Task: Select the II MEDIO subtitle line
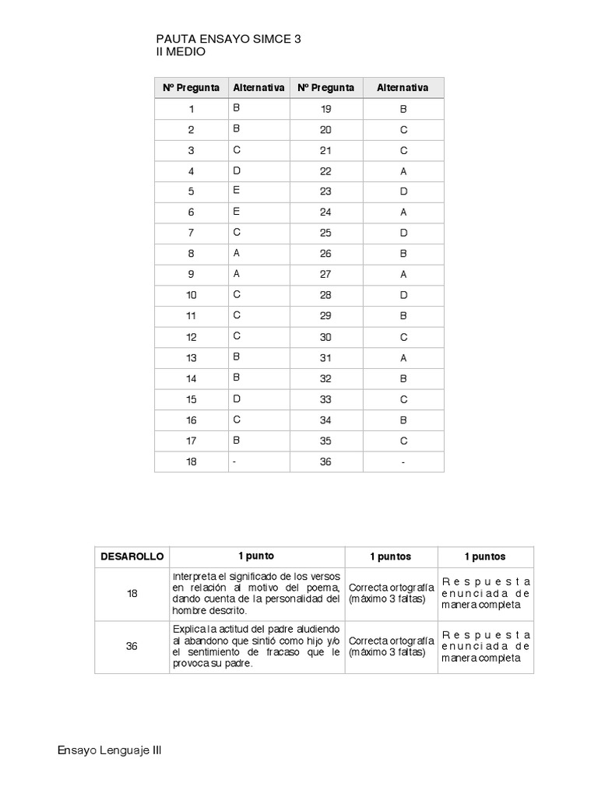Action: [x=181, y=51]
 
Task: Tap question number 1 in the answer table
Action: [x=191, y=110]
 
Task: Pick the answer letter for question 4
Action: [x=237, y=170]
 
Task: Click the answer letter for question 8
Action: [x=237, y=252]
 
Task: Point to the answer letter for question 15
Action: [x=237, y=399]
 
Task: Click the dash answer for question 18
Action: [x=234, y=462]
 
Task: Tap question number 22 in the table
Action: [x=325, y=171]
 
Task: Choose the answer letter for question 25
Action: [x=403, y=233]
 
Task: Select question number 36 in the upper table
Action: [x=325, y=462]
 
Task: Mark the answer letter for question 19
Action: [x=403, y=110]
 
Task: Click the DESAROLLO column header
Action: [x=132, y=556]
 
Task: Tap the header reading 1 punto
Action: [x=256, y=556]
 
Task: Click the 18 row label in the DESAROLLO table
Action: [x=132, y=593]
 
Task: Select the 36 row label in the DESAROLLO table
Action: [x=132, y=646]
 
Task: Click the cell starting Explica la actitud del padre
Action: [x=256, y=646]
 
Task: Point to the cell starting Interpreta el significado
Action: [x=256, y=593]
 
